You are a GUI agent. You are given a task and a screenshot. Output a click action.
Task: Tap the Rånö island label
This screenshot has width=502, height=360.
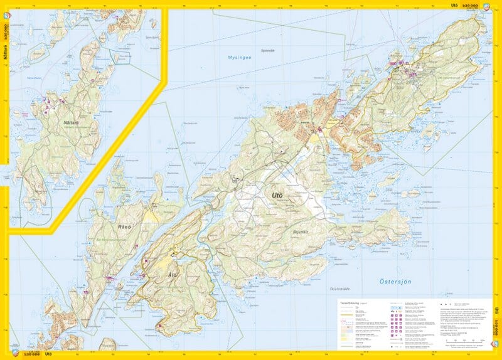coord(122,211)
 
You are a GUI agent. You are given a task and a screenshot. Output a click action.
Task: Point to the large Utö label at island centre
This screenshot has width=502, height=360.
coord(277,196)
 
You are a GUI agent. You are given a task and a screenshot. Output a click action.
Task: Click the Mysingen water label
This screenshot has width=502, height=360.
coord(238,58)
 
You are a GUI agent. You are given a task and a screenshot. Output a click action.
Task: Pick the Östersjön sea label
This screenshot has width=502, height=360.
coord(395,282)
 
